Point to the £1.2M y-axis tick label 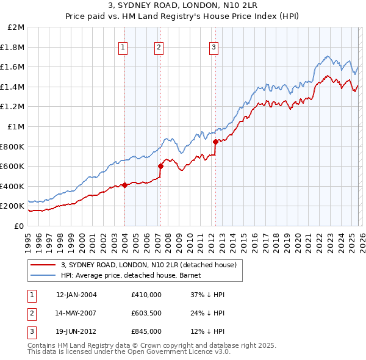click(14, 107)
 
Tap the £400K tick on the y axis click(13, 186)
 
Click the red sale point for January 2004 click(124, 185)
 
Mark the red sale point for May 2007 click(160, 165)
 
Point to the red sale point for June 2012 click(215, 142)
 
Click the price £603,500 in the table click(146, 313)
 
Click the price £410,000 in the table click(146, 295)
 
